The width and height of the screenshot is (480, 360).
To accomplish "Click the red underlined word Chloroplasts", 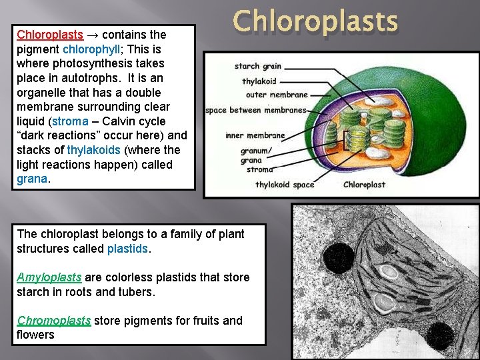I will pos(50,34).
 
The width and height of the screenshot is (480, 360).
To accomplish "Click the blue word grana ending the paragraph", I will pos(31,179).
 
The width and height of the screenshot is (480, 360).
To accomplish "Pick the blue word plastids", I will pos(128,249).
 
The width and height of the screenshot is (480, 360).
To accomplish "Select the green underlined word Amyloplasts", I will pos(49,277).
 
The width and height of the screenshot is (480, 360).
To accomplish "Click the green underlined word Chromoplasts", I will pos(54,321).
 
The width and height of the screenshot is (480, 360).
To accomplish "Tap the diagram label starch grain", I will pos(257,67).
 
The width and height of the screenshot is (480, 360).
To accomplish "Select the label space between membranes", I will pos(256,110).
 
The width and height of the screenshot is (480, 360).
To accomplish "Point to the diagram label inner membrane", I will pos(255,135).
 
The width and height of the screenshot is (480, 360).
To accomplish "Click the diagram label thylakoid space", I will pos(285,185).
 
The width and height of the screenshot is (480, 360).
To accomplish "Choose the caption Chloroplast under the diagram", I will pos(364,185).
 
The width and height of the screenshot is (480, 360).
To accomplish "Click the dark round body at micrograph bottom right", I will pos(439,337).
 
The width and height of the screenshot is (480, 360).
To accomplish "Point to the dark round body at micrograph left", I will pos(337,256).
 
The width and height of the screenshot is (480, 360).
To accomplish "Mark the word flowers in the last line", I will pos(35,335).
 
